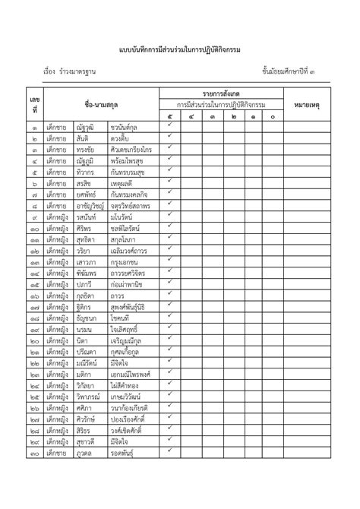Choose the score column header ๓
click(x=211, y=117)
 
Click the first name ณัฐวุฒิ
click(x=85, y=128)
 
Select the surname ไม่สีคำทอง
click(x=126, y=385)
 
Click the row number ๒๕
click(x=35, y=397)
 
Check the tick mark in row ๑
click(x=170, y=127)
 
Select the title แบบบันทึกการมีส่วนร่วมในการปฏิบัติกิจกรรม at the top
click(x=179, y=49)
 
